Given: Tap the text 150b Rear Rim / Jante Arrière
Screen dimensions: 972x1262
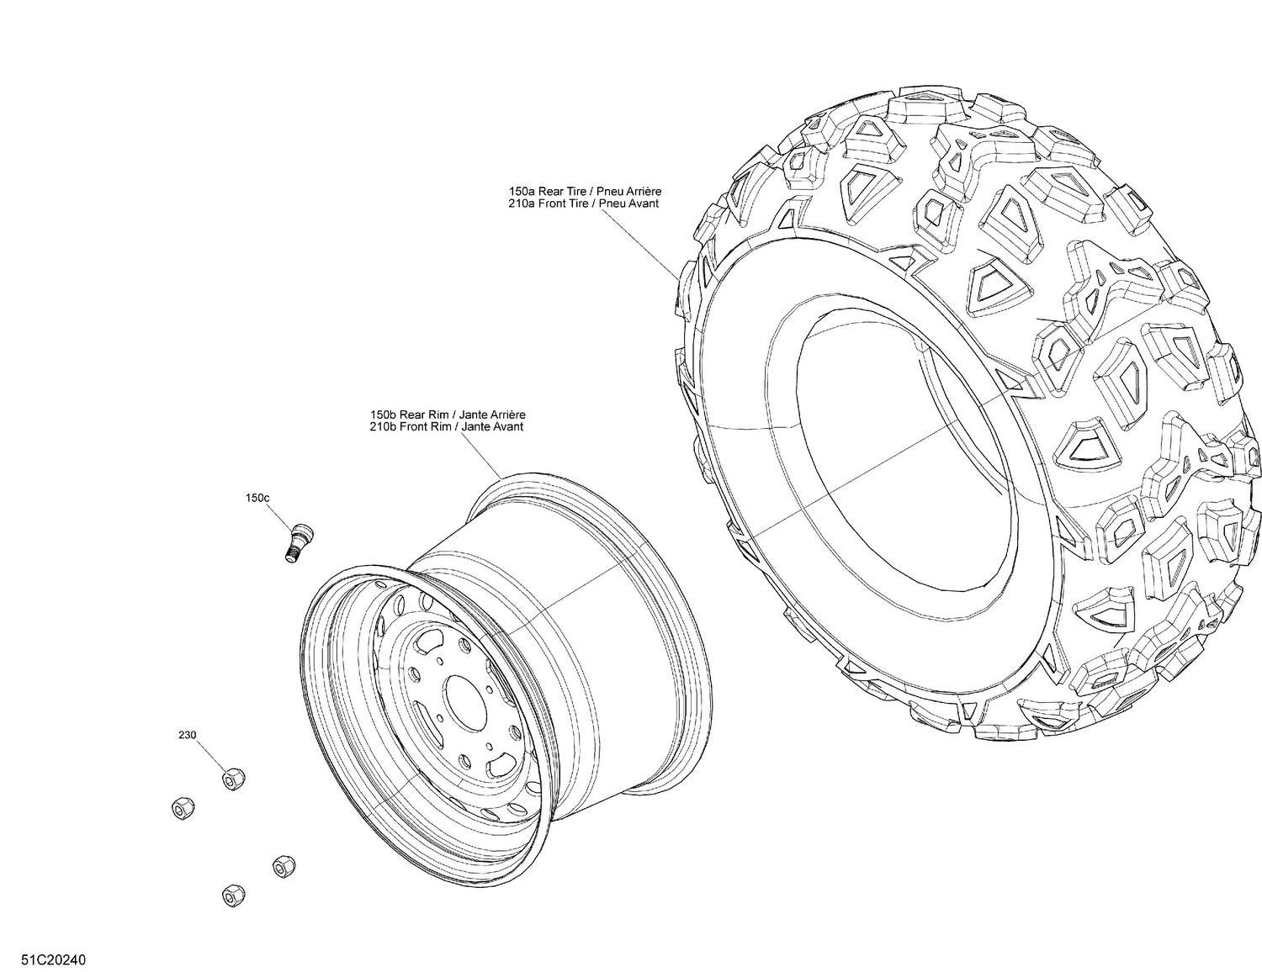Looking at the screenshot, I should click(x=448, y=415).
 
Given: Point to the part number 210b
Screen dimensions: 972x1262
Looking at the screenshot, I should click(x=383, y=426).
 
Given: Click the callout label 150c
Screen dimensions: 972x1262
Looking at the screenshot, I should click(x=257, y=498).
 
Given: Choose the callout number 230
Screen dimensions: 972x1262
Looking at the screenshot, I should click(x=187, y=735).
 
